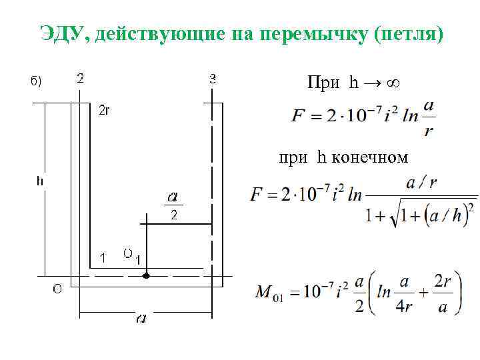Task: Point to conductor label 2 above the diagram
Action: (x=81, y=78)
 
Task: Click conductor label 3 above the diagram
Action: (x=213, y=78)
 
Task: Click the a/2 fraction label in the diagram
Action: (x=173, y=206)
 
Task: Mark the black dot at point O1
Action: (x=147, y=275)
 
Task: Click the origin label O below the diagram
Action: (x=57, y=289)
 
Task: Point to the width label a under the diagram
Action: (x=142, y=319)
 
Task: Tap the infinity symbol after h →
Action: (x=393, y=83)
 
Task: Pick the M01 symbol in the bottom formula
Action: (x=269, y=293)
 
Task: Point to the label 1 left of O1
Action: (x=102, y=257)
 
